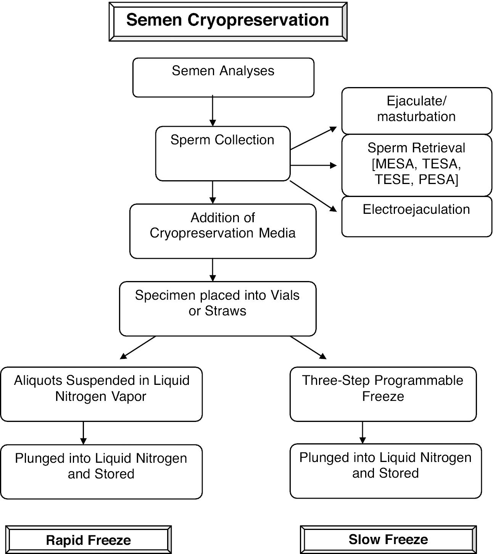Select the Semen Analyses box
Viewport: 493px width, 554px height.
pos(223,77)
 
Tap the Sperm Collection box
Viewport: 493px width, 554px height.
pos(223,153)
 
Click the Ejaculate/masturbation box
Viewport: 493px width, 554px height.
pos(416,110)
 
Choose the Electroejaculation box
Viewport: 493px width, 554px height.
pos(416,216)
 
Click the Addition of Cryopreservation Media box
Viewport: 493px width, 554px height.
pos(223,231)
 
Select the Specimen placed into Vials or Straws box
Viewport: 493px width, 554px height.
pos(217,308)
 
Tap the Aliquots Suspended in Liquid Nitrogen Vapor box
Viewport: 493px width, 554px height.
pos(101,394)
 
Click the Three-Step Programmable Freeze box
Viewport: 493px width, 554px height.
pos(383,394)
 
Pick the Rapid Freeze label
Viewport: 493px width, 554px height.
pos(89,540)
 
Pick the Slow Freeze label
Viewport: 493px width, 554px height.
pos(388,539)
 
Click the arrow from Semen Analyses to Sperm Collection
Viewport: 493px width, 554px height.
pos(213,111)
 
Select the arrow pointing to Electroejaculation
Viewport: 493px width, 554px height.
pos(313,196)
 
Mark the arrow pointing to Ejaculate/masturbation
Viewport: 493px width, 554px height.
pos(313,138)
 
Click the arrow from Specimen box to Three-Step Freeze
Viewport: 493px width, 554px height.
pos(308,348)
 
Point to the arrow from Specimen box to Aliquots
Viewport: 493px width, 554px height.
pos(138,348)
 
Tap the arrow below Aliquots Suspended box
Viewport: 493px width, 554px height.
pos(83,433)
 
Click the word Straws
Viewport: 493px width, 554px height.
pos(226,311)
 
